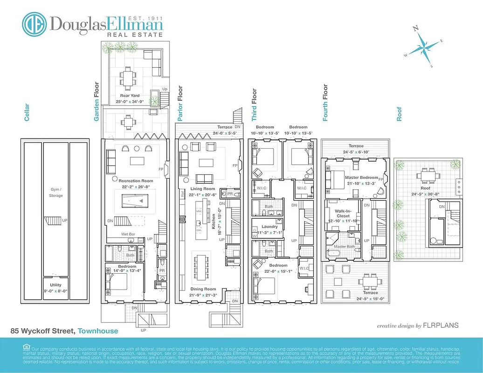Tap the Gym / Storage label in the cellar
point(56,193)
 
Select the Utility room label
point(55,285)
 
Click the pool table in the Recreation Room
point(135,201)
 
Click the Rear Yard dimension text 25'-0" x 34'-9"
point(129,101)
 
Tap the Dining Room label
point(203,289)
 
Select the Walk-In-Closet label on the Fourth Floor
point(343,216)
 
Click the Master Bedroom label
point(361,178)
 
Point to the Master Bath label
point(345,247)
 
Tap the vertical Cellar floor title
point(27,112)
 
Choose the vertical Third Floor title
point(254,105)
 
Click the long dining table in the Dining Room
point(200,266)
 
